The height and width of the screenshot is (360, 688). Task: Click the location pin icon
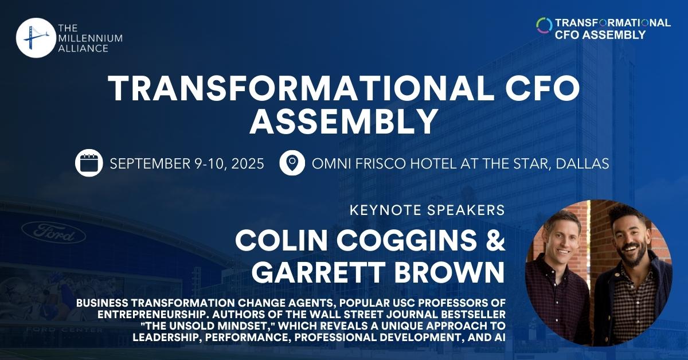[x=292, y=163]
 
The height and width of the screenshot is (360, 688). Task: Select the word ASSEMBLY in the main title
[x=343, y=121]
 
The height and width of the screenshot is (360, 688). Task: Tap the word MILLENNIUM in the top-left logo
[x=91, y=38]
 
